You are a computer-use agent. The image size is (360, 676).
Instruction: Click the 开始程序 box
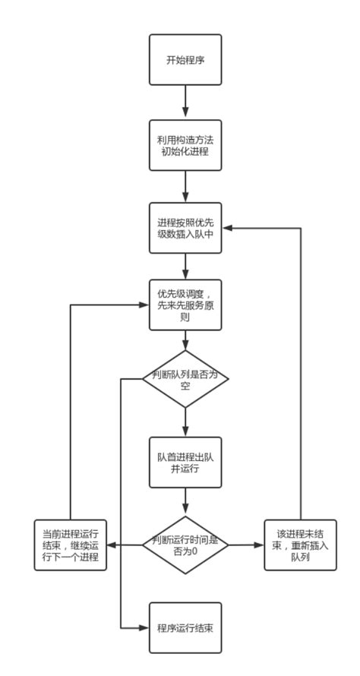point(185,59)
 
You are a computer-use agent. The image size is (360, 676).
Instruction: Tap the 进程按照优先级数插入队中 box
point(185,229)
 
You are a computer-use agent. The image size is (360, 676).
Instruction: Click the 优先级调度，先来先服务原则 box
point(185,305)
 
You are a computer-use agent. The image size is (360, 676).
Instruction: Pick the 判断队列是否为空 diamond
point(185,378)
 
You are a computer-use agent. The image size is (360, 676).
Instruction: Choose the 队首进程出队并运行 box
point(185,461)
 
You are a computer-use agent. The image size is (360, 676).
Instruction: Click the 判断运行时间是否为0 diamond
point(185,545)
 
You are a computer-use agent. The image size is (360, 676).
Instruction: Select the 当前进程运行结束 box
point(70,545)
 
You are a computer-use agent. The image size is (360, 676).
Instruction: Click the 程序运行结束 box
point(185,628)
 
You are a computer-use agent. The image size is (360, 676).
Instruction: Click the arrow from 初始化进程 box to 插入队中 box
point(185,187)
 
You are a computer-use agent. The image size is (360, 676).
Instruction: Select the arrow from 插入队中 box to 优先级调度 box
point(185,267)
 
